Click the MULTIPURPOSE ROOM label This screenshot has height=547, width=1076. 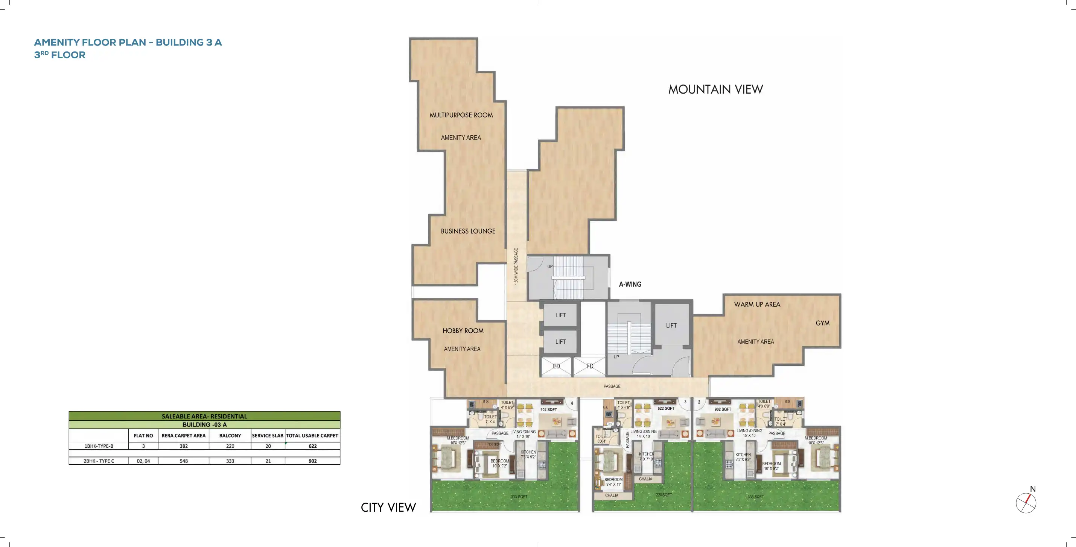(461, 115)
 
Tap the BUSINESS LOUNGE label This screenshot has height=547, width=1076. (468, 231)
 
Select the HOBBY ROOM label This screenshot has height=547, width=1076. (463, 331)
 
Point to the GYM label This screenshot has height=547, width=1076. (822, 323)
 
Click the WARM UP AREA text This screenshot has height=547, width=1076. (757, 305)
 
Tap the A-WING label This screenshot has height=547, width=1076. (630, 285)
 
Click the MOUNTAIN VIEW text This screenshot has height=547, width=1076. (715, 89)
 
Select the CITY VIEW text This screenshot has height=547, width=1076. (388, 508)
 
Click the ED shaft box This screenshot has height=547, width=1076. (556, 366)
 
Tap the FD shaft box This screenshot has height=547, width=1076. (589, 366)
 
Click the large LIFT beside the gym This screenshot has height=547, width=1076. (671, 326)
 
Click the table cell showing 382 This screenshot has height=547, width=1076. (183, 446)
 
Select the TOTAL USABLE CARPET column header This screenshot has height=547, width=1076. (312, 436)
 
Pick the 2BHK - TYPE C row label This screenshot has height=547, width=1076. (99, 461)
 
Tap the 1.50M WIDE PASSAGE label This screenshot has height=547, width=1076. (516, 267)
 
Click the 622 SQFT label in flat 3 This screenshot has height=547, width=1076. (666, 409)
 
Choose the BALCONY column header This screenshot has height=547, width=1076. (230, 436)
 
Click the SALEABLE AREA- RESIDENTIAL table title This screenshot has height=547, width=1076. (204, 417)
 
